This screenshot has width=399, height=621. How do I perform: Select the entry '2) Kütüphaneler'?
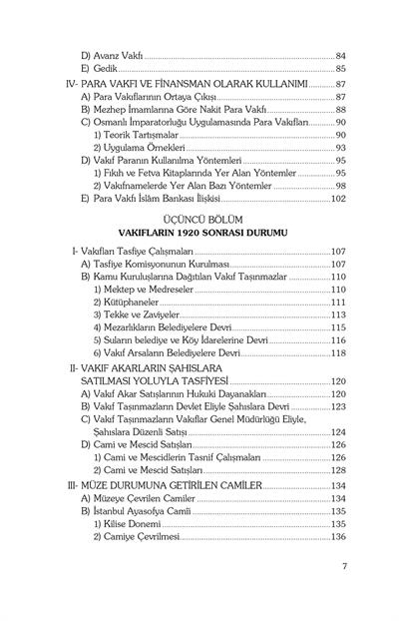point(133,302)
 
